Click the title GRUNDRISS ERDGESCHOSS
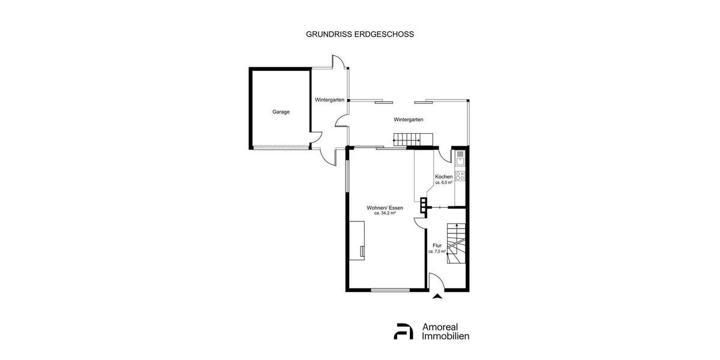[x=360, y=34]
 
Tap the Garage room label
[x=281, y=112]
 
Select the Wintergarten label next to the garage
[x=329, y=100]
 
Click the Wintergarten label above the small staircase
[x=408, y=119]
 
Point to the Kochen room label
[x=443, y=176]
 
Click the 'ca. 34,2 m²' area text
[x=385, y=213]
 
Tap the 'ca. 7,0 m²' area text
[x=436, y=251]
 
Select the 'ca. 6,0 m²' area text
[x=443, y=182]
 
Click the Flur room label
[x=437, y=245]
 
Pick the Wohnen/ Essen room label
[x=385, y=208]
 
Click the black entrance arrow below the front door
[x=437, y=295]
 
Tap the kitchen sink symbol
[x=460, y=159]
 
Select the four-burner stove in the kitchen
[x=460, y=176]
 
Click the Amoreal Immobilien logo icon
[x=403, y=331]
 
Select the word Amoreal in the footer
[x=445, y=326]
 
